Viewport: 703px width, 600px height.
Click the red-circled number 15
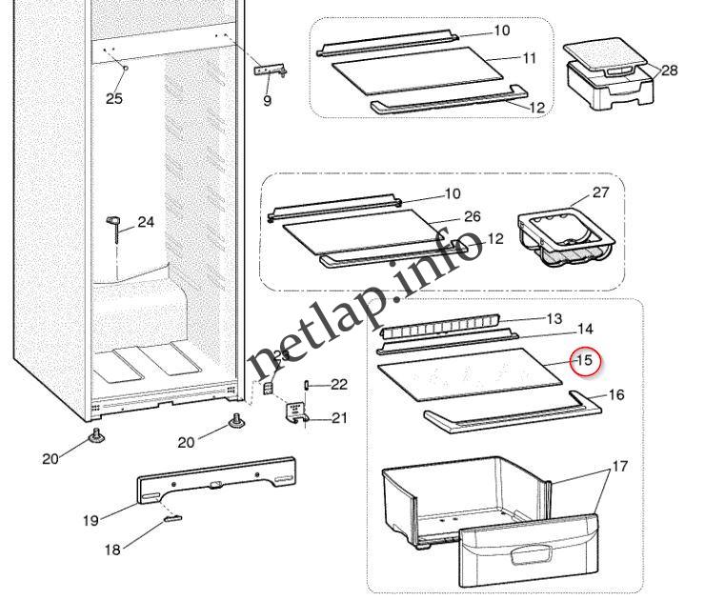(x=583, y=361)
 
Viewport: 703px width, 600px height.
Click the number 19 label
(x=90, y=520)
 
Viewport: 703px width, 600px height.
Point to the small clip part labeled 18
(x=171, y=519)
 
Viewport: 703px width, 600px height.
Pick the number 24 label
(x=146, y=222)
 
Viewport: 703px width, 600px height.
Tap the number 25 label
(x=114, y=98)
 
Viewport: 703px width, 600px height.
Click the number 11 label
(x=529, y=58)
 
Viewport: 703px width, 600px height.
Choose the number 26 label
(x=472, y=216)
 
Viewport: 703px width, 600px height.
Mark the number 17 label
(x=619, y=467)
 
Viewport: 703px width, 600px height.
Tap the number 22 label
(x=339, y=384)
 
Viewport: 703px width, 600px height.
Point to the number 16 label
(x=616, y=393)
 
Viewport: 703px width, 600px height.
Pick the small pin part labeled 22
(x=310, y=384)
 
